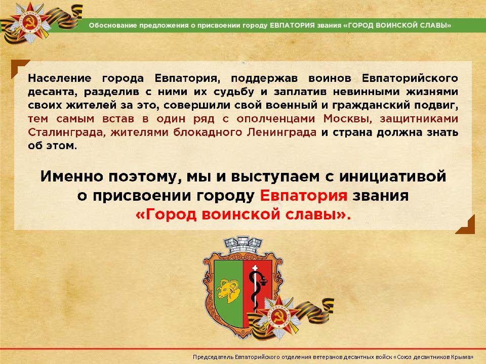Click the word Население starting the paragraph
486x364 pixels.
tap(60, 78)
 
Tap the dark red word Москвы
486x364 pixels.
tap(347, 118)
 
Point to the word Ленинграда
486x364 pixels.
tap(282, 132)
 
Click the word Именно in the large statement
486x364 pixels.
tap(71, 176)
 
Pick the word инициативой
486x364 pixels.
tap(393, 176)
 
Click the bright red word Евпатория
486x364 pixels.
tap(303, 196)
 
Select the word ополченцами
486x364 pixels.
tap(275, 119)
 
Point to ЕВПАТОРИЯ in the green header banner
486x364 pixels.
tap(292, 25)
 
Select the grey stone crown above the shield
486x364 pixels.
tap(243, 246)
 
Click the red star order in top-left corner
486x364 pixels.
tap(29, 23)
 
